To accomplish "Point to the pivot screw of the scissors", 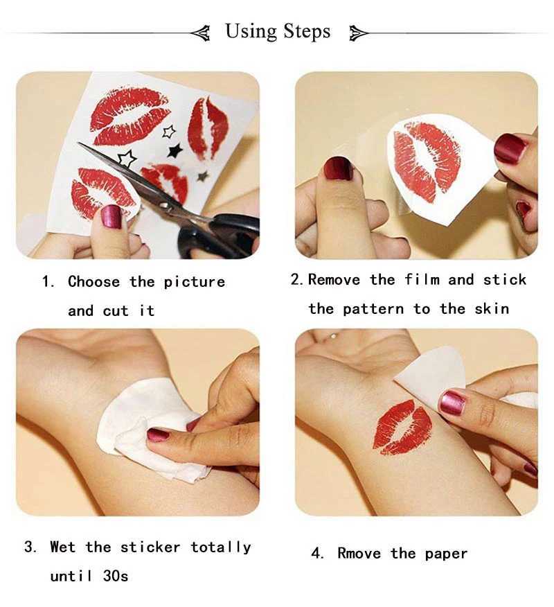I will click(164, 204).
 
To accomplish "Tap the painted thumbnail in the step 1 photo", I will click(111, 216).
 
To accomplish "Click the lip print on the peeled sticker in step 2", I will click(427, 161).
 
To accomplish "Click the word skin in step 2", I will click(492, 309).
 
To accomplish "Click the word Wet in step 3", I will click(63, 547).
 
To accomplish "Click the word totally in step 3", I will click(221, 547).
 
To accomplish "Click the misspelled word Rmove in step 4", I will click(359, 553).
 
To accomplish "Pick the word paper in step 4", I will click(447, 554).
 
